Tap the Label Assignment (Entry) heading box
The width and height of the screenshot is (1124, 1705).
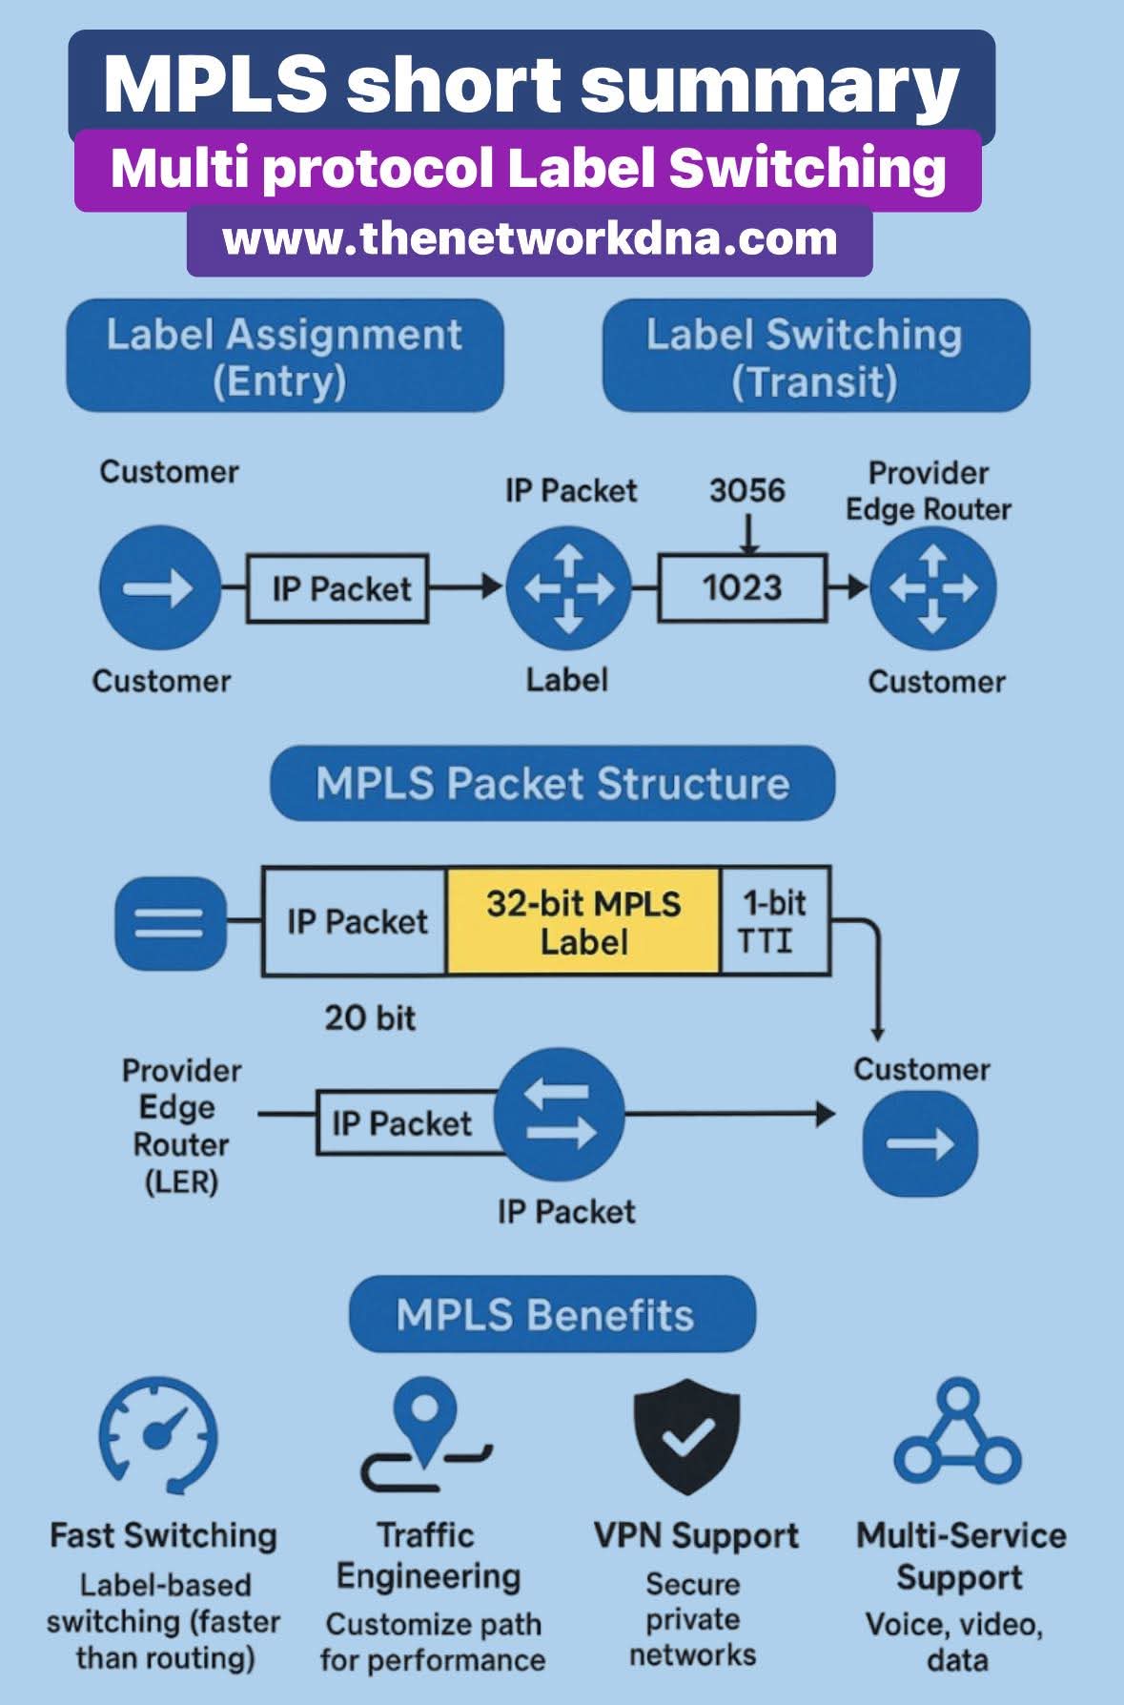click(284, 357)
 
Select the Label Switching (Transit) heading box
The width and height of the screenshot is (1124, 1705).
click(816, 357)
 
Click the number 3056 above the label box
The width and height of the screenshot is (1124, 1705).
click(746, 490)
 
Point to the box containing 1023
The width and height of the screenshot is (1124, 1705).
click(741, 587)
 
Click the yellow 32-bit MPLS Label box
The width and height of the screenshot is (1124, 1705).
click(583, 921)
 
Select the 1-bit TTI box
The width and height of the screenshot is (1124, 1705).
click(774, 921)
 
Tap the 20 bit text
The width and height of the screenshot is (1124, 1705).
click(370, 1018)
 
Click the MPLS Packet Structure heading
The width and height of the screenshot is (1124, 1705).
click(552, 784)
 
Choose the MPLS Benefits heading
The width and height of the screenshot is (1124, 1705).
click(552, 1314)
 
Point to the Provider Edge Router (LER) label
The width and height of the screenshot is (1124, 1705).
click(180, 1126)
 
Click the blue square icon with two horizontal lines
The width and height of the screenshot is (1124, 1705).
click(171, 922)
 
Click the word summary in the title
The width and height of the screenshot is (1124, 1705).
click(768, 84)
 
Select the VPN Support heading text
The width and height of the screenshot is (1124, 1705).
click(696, 1535)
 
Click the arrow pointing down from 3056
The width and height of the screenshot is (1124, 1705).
click(749, 534)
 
